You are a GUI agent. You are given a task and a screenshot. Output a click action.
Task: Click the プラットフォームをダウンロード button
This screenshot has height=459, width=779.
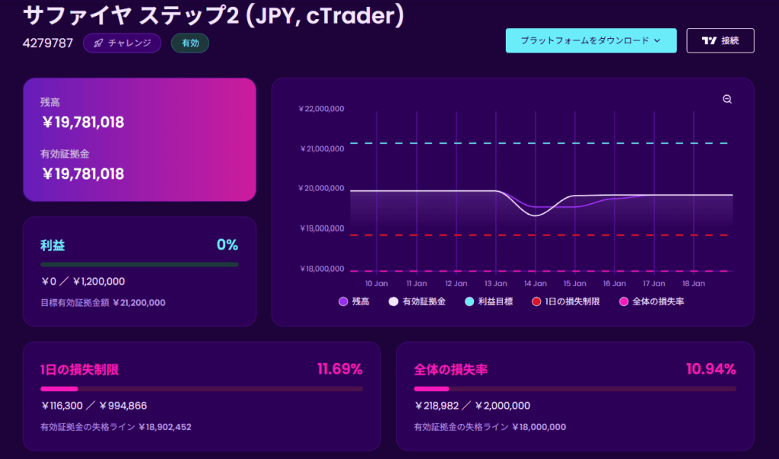click(590, 40)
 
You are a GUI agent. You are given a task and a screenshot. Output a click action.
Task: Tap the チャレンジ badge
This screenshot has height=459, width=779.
click(122, 43)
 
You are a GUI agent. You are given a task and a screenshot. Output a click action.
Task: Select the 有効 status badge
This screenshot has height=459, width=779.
click(190, 43)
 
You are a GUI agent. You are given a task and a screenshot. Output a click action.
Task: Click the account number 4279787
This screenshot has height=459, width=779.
click(48, 43)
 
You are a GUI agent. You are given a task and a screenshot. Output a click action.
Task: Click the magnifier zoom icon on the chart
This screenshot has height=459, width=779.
click(727, 100)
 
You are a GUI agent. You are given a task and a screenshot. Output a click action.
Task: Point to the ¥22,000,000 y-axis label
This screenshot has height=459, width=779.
click(321, 109)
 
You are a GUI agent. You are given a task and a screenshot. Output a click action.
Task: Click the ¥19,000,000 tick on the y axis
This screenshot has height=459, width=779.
click(321, 228)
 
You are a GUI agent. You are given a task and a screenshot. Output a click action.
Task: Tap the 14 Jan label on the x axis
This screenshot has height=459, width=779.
click(535, 283)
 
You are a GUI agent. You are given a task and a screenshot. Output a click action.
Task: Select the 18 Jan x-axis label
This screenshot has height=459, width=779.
click(693, 283)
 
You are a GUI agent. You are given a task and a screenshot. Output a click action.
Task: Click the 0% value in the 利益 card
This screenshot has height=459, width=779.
click(227, 245)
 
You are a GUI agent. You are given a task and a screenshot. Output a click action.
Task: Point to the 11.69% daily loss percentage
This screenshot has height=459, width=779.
click(339, 370)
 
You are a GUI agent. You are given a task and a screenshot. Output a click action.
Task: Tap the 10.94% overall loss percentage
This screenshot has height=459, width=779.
click(711, 370)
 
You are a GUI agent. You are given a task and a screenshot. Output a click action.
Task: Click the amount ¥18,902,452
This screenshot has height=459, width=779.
click(164, 427)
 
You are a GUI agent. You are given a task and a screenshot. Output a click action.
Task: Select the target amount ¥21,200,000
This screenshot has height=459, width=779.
click(138, 302)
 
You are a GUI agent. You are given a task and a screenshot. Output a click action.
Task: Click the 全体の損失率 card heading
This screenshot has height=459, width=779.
click(450, 370)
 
